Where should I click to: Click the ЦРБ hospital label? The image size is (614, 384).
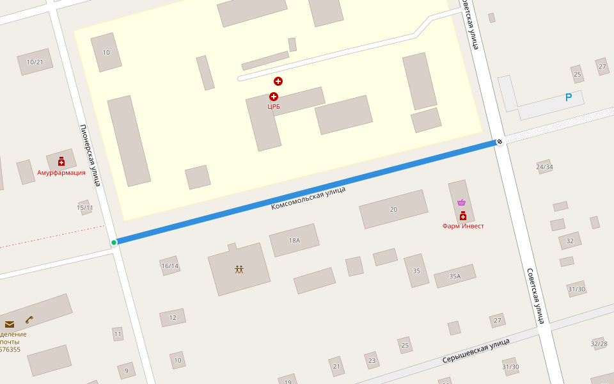pos(274,107)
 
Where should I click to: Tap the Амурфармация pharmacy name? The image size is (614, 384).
pos(61,173)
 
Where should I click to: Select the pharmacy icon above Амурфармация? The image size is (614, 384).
pos(61,161)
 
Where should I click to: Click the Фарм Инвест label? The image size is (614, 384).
pos(463,226)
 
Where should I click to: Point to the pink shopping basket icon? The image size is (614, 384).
pos(462,203)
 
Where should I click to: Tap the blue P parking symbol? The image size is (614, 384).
pos(568,98)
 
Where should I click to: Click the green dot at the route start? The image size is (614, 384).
pos(114,243)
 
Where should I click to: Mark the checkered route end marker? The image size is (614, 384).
pos(500,141)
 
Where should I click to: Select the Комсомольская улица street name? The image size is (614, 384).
pos(308,198)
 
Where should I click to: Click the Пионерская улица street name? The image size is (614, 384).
pos(90,155)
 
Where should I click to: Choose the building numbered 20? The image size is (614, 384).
pos(393,209)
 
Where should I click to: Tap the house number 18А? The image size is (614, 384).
pos(294,241)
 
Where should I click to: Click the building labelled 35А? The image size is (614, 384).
pos(455,276)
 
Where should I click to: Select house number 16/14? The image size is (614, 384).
pos(170,266)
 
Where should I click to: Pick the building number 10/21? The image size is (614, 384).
pos(35,62)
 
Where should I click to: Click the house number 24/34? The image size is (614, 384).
pos(545,167)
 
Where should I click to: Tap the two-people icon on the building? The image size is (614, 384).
pos(239,269)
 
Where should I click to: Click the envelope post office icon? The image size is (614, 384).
pos(10,324)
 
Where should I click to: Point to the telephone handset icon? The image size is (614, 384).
pos(29,319)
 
